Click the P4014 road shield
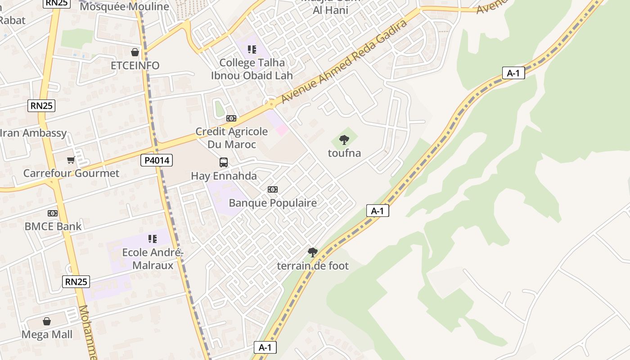pyautogui.click(x=157, y=160)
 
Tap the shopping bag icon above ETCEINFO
pyautogui.click(x=135, y=52)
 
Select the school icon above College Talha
pyautogui.click(x=252, y=49)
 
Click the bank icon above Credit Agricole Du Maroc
pyautogui.click(x=231, y=118)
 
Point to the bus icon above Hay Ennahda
pyautogui.click(x=224, y=162)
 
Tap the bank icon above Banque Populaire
pyautogui.click(x=273, y=189)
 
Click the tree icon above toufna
pyautogui.click(x=344, y=140)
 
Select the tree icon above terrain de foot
pyautogui.click(x=313, y=252)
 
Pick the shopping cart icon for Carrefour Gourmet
pyautogui.click(x=71, y=160)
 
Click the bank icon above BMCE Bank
pyautogui.click(x=53, y=213)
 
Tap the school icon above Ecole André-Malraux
pyautogui.click(x=153, y=239)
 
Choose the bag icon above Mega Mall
pyautogui.click(x=47, y=321)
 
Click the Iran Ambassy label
pyautogui.click(x=33, y=133)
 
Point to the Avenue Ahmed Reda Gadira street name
pyautogui.click(x=344, y=62)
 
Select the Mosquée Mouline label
pyautogui.click(x=124, y=7)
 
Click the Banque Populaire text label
pyautogui.click(x=273, y=203)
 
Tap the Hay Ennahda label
pyautogui.click(x=224, y=176)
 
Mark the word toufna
pyautogui.click(x=344, y=153)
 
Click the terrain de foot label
pyautogui.click(x=313, y=266)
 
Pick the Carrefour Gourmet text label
pyautogui.click(x=71, y=173)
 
